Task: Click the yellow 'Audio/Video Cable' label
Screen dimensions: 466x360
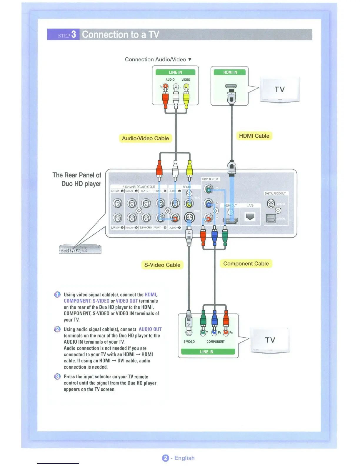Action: [145, 138]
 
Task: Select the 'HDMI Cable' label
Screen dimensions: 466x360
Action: [254, 136]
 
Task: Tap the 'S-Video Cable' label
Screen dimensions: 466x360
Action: [162, 265]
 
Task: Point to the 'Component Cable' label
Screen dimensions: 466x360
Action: [246, 264]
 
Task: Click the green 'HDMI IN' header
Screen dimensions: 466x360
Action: [230, 72]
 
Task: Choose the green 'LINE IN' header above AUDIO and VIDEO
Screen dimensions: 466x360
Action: [175, 72]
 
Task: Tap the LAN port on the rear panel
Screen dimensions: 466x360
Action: [250, 217]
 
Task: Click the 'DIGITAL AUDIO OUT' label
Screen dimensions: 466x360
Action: [275, 194]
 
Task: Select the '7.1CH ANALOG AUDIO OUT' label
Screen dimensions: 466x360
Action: [139, 187]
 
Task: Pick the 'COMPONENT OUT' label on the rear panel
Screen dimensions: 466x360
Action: [210, 179]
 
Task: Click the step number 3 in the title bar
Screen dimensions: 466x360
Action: [74, 34]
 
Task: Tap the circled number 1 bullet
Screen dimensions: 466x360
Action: [57, 294]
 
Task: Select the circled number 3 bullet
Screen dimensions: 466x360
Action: [57, 377]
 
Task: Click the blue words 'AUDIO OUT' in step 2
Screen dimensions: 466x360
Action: [150, 329]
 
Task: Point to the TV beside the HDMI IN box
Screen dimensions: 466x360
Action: [279, 89]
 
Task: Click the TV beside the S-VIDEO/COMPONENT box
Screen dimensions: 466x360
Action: [270, 340]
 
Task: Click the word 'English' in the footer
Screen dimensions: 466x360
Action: [184, 458]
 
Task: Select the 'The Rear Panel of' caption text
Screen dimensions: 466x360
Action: [77, 175]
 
